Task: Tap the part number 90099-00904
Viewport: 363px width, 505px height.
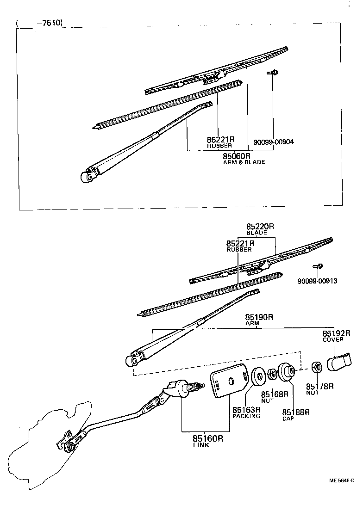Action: pos(274,142)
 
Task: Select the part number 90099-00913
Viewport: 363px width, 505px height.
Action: pos(317,281)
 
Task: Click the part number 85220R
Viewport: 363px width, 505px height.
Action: pos(260,227)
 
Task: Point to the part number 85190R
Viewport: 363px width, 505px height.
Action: pos(260,317)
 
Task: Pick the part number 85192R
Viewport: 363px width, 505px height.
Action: pos(336,333)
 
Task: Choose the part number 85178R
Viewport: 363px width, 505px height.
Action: pos(319,386)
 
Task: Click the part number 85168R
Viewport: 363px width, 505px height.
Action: pos(275,394)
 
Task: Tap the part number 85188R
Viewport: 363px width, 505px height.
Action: pos(296,412)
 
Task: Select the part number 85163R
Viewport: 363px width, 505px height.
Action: pos(246,410)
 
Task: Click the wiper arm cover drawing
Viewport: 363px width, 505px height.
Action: pos(339,362)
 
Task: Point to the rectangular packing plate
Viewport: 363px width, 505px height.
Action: pos(230,383)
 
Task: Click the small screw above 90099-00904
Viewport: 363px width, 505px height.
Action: pos(271,73)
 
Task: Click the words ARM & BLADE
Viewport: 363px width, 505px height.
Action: pos(244,162)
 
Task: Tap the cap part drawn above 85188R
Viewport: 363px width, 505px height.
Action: pos(286,373)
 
